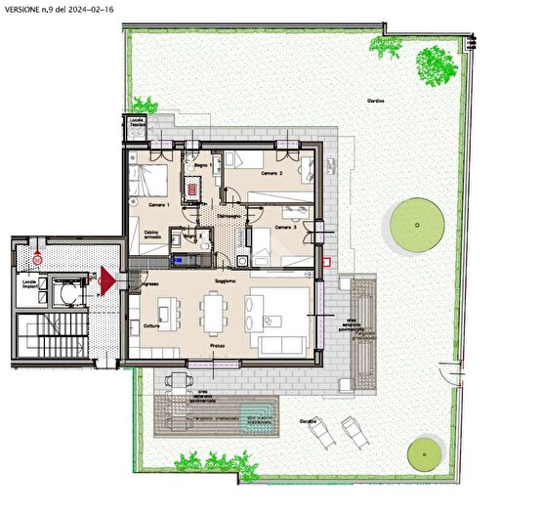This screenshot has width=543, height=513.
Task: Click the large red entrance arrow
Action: point(105,279)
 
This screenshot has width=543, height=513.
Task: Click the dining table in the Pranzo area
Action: point(215,315)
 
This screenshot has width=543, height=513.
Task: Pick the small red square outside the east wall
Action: point(330,262)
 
